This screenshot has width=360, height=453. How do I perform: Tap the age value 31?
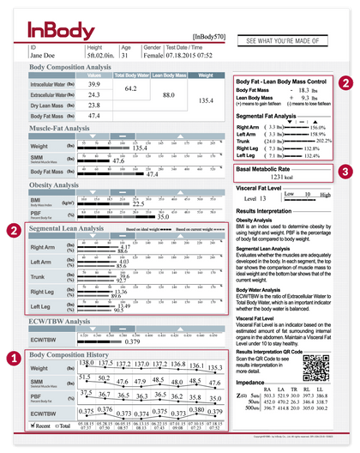(127, 56)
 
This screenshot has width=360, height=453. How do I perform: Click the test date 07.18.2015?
(182, 56)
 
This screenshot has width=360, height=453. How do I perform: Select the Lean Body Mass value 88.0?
(168, 94)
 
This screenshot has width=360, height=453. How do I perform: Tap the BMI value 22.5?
(138, 204)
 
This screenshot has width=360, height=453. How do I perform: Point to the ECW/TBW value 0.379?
(131, 341)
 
